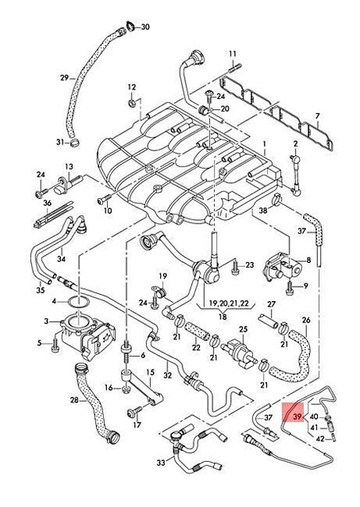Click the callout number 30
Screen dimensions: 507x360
[144, 27]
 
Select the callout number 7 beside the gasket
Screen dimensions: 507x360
[317, 116]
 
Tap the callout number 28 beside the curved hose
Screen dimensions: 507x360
[74, 401]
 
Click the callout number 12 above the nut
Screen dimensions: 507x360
[130, 86]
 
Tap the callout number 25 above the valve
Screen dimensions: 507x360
[243, 329]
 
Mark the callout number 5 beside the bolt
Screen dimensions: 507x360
[38, 343]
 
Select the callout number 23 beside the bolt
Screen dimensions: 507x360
[249, 265]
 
